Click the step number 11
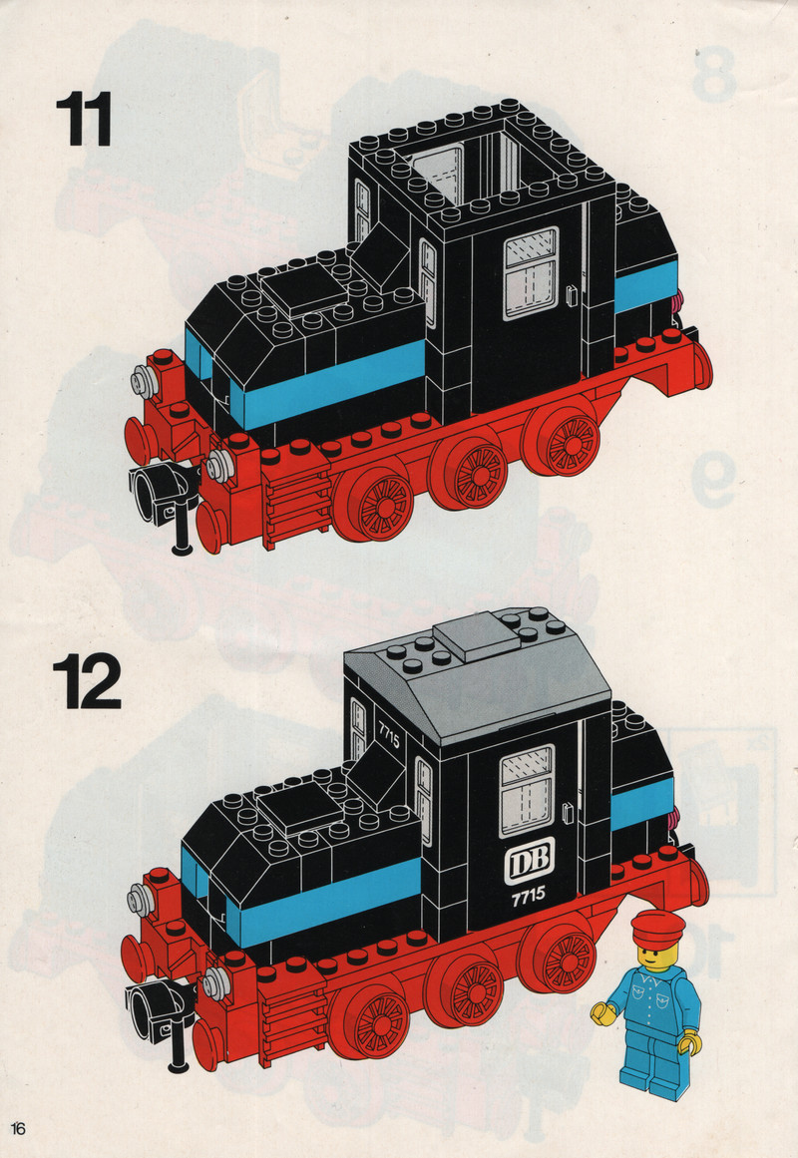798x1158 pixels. pos(84,118)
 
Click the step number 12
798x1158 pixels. pos(87,681)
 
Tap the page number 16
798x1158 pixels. pos(18,1128)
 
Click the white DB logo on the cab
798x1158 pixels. pos(529,861)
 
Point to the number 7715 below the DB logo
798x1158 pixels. pos(529,895)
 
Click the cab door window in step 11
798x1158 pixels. pos(531,272)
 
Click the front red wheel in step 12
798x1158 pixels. pos(370,1023)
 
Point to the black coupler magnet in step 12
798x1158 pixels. pos(160,1011)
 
